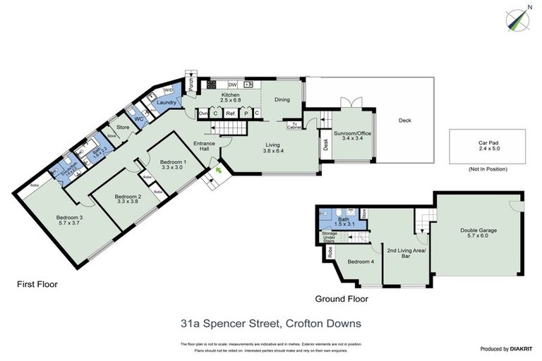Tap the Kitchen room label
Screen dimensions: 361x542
coord(230,97)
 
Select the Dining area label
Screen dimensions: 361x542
coord(282,99)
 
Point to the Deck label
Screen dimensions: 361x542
coord(404,120)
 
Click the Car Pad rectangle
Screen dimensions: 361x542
coord(488,146)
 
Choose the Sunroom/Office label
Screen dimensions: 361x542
coord(347,135)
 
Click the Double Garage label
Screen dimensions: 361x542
coord(477,232)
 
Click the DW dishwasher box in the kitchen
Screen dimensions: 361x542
coord(232,85)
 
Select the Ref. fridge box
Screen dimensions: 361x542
coord(231,113)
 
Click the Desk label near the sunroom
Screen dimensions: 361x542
coord(325,145)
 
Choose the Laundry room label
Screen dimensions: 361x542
coord(167,103)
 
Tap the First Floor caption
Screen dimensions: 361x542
coord(37,285)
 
